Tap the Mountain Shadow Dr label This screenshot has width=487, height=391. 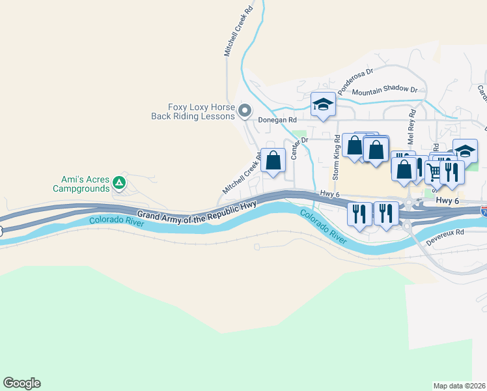click(384, 91)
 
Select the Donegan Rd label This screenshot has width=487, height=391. click(277, 120)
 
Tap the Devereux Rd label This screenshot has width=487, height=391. click(445, 236)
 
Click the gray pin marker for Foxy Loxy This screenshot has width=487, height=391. click(245, 111)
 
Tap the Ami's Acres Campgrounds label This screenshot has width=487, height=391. click(81, 184)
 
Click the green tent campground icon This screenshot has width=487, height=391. click(119, 182)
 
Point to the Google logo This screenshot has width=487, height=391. click(21, 383)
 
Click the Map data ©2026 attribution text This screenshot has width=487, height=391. click(459, 385)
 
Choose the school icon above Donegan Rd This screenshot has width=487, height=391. click(322, 104)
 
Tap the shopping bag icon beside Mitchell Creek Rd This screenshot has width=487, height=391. click(273, 160)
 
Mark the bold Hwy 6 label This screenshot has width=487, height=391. click(449, 202)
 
